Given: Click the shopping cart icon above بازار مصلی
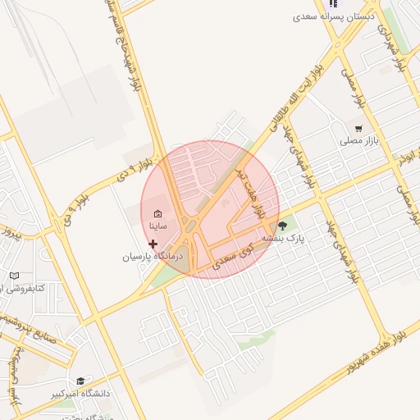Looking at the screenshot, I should (358, 128).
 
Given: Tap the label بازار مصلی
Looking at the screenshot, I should (358, 141).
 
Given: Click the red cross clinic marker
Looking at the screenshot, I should (153, 244).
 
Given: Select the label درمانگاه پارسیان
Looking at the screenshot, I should (150, 257).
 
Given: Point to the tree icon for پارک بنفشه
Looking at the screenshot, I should (283, 226).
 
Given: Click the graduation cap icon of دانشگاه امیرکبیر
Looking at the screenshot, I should (80, 381).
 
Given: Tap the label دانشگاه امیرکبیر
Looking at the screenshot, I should (80, 394).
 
